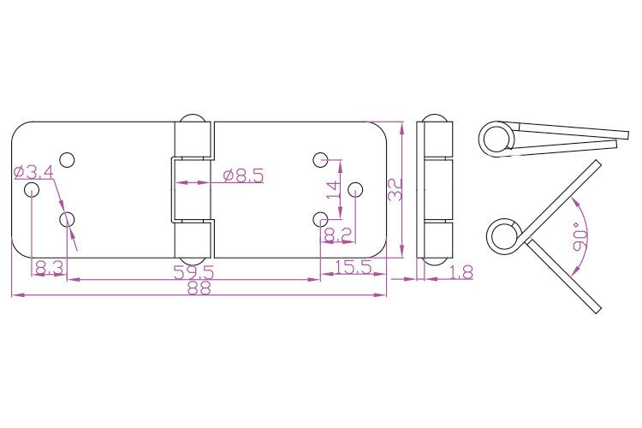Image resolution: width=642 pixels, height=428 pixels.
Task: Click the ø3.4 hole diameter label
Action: coord(33,172)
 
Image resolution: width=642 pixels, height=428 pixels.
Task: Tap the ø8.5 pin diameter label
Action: coord(244,175)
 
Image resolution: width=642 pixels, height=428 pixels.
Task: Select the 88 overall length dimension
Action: coord(199,288)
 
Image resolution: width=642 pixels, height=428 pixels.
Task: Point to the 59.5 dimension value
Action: coord(193,272)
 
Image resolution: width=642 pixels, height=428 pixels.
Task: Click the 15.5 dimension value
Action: coord(354,267)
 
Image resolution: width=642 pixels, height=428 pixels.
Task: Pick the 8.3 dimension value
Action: coord(49,268)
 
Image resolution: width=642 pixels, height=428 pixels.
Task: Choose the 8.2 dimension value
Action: coord(338,235)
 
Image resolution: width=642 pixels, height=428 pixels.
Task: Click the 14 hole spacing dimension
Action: coord(334,190)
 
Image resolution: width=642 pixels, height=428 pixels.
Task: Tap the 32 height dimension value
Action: coord(395,190)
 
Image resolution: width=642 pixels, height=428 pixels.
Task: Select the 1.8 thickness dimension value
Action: coord(461,272)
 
